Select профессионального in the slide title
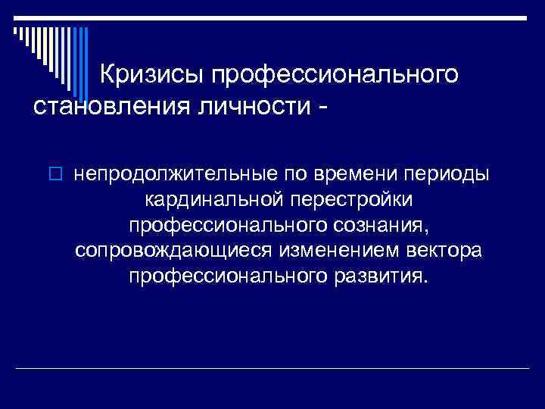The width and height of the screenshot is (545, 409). point(335,76)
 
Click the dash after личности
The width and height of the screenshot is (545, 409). point(325,108)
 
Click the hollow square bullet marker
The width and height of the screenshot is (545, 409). point(61,176)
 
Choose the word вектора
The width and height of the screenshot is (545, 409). point(445,249)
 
